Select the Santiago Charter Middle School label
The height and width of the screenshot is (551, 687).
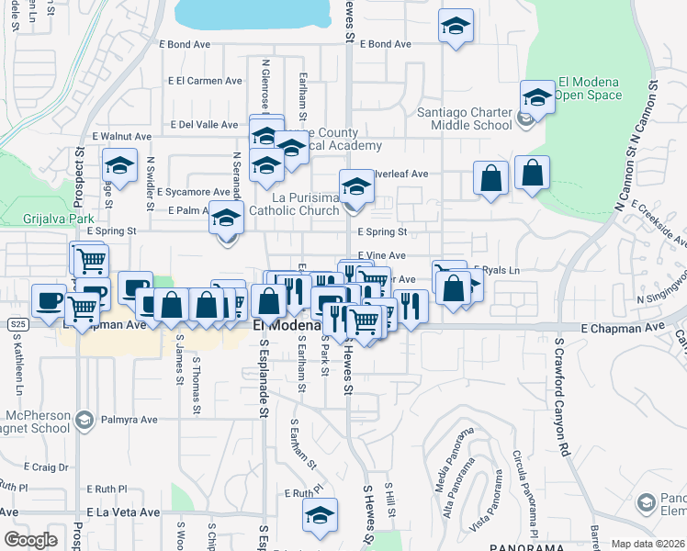pos(465,118)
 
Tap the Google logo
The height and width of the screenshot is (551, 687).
pos(30,540)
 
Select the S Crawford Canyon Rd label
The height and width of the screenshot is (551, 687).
pos(560,398)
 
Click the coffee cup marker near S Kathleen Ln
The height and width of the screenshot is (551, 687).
pos(49,299)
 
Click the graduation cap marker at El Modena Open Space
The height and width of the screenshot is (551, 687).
pos(537,96)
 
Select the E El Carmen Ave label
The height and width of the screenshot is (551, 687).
pos(205,81)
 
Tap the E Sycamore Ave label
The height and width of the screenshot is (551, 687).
pos(193,193)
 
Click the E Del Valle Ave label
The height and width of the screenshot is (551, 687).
pos(205,125)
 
